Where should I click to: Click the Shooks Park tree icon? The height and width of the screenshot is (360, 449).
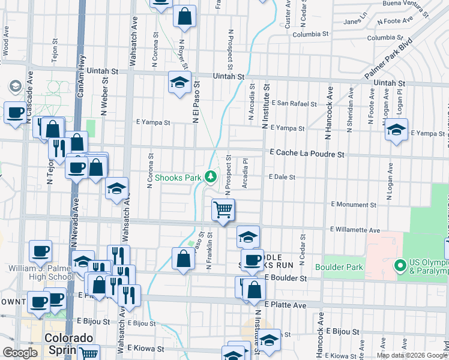coord(210,176)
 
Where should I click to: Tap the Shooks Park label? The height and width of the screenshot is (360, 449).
coord(178,178)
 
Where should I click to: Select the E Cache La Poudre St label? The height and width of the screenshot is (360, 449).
coord(307,154)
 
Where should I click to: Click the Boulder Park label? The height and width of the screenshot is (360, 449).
coord(339,266)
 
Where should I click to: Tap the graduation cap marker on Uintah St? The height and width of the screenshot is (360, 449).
coord(179,83)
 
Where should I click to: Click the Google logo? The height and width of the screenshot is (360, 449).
coord(20,353)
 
